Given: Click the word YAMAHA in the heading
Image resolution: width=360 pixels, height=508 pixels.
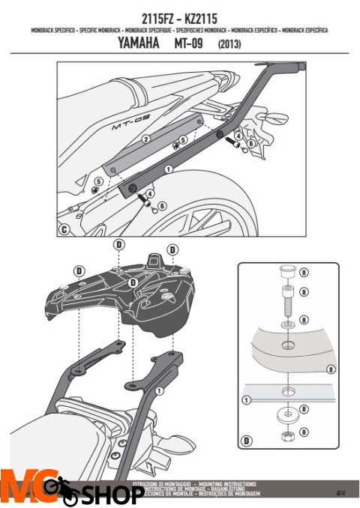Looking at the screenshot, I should click(139, 44).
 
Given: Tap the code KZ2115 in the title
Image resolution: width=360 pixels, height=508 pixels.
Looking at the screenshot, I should click(203, 15).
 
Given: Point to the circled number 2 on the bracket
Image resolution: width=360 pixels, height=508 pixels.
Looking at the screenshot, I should click(146, 139).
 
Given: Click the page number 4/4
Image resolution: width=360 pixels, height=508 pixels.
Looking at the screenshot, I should click(340, 492).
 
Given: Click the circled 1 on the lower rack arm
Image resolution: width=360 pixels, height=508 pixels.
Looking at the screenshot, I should click(160, 390).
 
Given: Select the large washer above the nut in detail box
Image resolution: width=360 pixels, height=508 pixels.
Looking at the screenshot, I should click(288, 414).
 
